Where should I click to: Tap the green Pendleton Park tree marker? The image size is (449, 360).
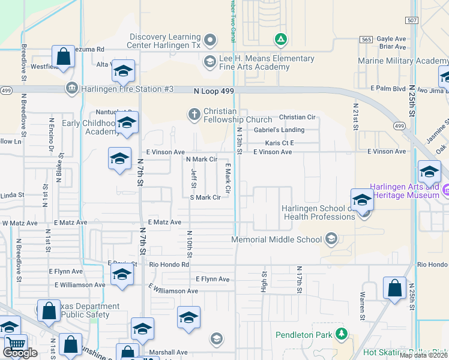(341, 334)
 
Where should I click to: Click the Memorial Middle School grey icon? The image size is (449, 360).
(330, 239)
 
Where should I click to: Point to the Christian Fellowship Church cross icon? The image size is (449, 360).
(194, 113)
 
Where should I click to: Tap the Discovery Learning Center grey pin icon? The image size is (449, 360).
(209, 41)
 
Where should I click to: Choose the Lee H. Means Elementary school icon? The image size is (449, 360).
(209, 61)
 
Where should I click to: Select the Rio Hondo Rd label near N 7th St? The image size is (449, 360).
(169, 264)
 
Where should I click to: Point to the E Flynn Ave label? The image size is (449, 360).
(212, 279)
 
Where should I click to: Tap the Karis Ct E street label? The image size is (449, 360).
(280, 143)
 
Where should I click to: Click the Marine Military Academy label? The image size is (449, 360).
(403, 61)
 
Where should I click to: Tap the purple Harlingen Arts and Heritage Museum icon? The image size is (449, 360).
(446, 190)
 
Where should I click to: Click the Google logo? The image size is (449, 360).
(20, 352)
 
